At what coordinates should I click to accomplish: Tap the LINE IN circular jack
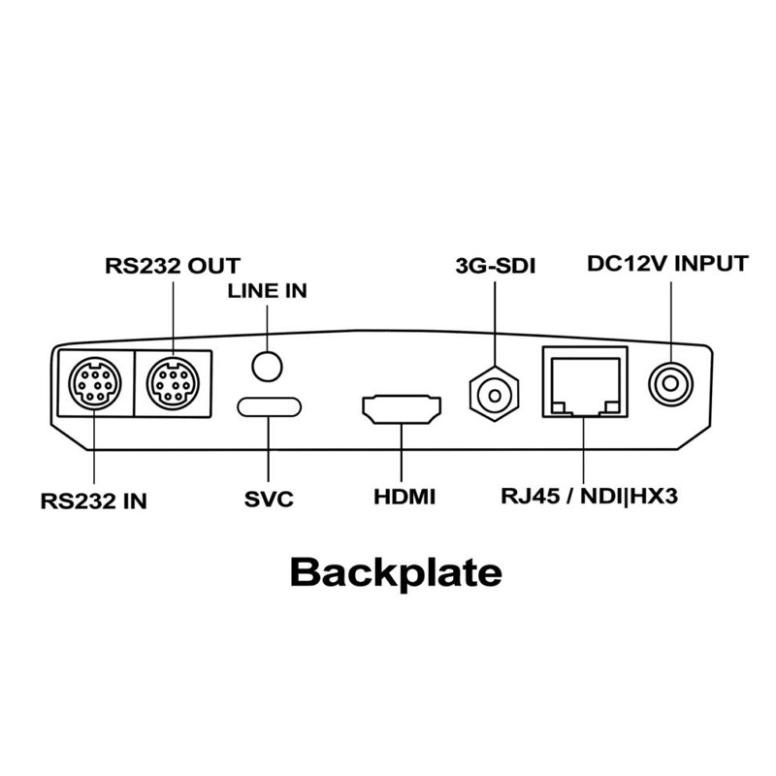click(268, 364)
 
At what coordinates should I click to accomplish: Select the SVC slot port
click(268, 405)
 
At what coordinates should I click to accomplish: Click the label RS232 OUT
click(173, 264)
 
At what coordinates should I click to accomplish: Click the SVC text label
click(268, 501)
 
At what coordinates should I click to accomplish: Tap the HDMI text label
click(404, 501)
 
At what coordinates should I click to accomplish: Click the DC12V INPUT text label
click(667, 264)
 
